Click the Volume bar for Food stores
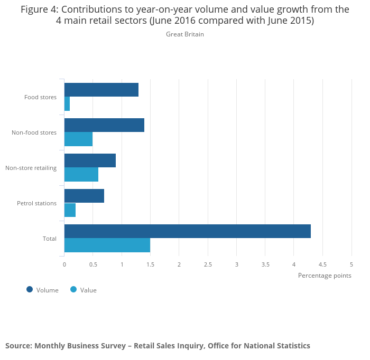click(x=101, y=90)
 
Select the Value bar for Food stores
click(x=67, y=104)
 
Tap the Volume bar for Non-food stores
click(x=104, y=125)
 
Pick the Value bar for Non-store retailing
click(x=81, y=175)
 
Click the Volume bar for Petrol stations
click(x=84, y=196)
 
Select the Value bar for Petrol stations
click(x=70, y=210)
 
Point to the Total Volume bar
click(x=188, y=231)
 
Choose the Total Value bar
click(x=107, y=245)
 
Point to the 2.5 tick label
click(x=208, y=264)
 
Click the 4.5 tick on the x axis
click(x=322, y=264)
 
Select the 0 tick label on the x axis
click(x=64, y=264)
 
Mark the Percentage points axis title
click(x=325, y=276)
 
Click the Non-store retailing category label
click(x=31, y=168)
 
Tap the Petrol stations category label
click(x=36, y=203)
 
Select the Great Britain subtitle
click(x=185, y=34)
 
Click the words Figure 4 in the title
click(x=39, y=10)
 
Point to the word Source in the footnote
click(x=18, y=346)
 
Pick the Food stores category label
click(x=40, y=97)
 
